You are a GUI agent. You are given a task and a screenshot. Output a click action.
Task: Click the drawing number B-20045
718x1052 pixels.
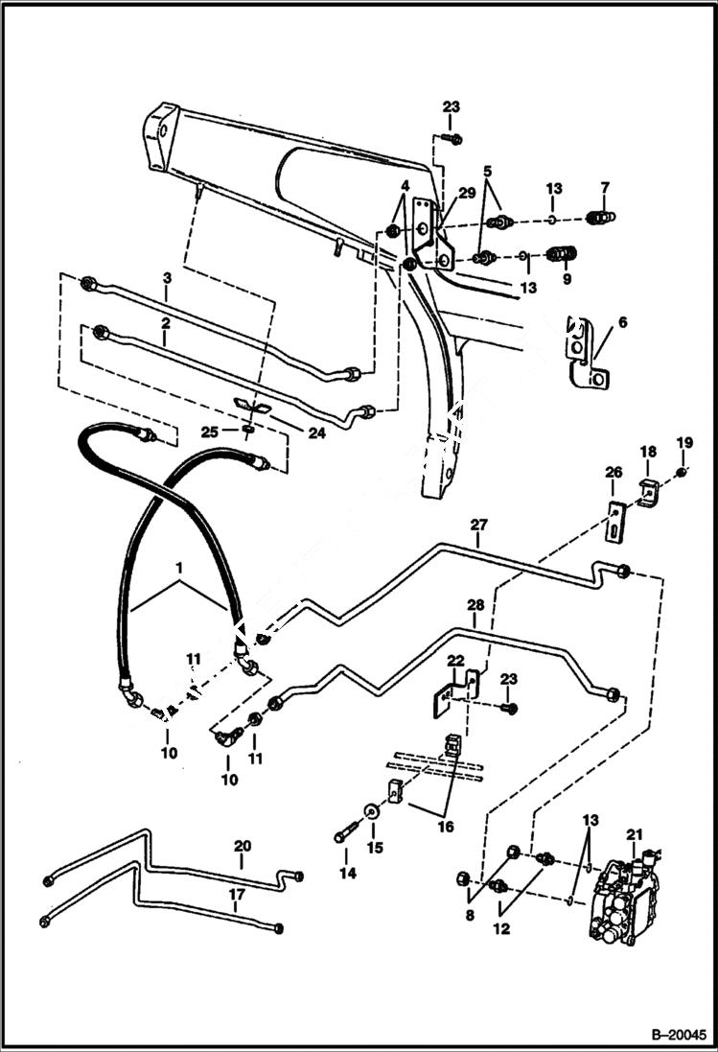pyautogui.click(x=677, y=1035)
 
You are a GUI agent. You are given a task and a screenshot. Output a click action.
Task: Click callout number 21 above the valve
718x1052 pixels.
pyautogui.click(x=634, y=835)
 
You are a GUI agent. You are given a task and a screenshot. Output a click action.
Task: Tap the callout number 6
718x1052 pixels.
pyautogui.click(x=622, y=323)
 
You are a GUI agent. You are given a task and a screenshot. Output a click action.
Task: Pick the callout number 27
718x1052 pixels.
pyautogui.click(x=478, y=525)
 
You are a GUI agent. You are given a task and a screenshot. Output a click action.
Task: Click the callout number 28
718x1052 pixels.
pyautogui.click(x=475, y=606)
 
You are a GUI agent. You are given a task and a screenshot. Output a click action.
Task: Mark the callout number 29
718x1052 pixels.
pyautogui.click(x=466, y=193)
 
